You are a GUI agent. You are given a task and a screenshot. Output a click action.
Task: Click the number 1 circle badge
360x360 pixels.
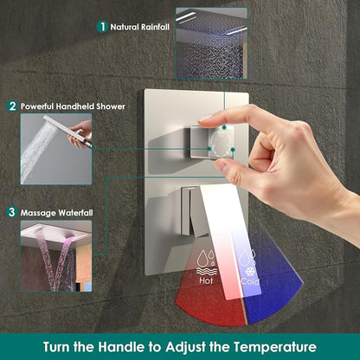click(x=102, y=27)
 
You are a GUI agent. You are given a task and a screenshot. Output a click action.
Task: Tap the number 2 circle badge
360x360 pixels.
click(x=12, y=106)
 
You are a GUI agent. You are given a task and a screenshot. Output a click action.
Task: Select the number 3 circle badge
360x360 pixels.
click(x=11, y=212)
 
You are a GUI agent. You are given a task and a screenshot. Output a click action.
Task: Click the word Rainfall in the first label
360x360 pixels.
click(x=155, y=27)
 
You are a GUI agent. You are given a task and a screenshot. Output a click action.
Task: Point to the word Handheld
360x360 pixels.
click(x=75, y=106)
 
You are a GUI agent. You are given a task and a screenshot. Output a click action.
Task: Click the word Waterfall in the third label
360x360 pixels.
click(x=75, y=213)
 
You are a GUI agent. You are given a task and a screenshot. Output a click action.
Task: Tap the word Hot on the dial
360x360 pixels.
click(x=206, y=280)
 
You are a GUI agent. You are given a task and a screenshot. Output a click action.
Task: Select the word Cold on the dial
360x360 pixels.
click(x=250, y=281)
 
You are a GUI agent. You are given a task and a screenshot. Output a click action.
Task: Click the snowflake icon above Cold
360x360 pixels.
click(x=249, y=272)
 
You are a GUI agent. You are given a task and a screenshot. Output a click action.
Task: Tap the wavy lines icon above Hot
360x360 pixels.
click(x=207, y=271)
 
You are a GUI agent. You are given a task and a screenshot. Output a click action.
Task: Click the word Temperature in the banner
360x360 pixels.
click(x=275, y=347)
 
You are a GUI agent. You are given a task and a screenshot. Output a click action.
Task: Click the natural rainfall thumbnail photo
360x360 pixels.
click(x=212, y=43)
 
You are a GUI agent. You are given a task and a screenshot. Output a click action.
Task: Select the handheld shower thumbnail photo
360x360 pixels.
click(x=56, y=149)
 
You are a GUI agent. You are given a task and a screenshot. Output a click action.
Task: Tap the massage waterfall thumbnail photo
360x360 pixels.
click(x=56, y=256)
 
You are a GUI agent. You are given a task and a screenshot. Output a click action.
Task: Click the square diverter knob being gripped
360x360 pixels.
click(x=212, y=143)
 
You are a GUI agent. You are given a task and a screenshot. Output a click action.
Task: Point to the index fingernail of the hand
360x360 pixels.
click(x=206, y=118)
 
